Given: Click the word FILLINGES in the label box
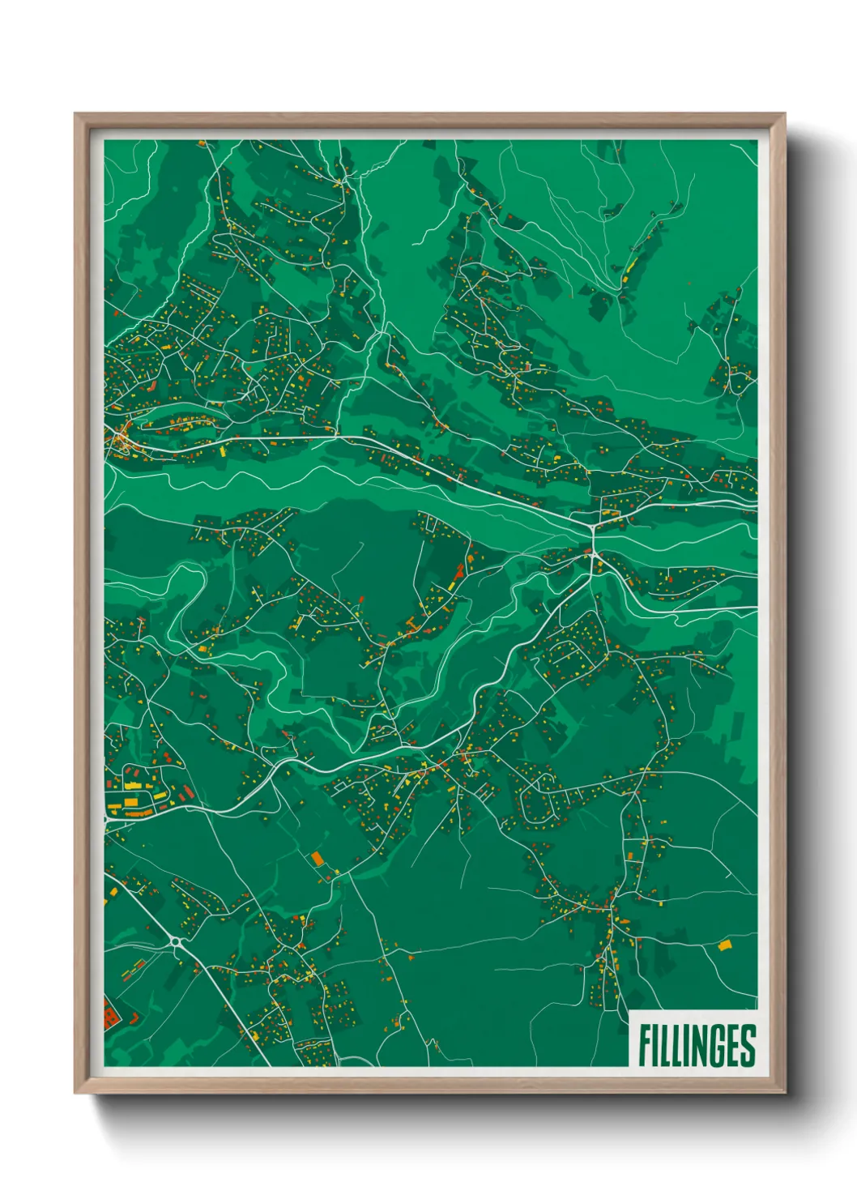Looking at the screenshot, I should coord(697,1046).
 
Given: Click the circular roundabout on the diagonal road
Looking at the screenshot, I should coord(176,941).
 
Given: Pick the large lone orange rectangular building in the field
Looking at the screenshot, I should coord(317,857).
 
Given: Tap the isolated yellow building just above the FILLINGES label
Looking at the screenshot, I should coord(723,945).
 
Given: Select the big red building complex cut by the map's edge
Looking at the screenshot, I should coord(109,1013).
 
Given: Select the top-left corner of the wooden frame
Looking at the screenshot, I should coord(75,114).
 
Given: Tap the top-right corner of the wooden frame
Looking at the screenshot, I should coord(784,114).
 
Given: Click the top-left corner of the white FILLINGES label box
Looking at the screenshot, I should coord(630,1011).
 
